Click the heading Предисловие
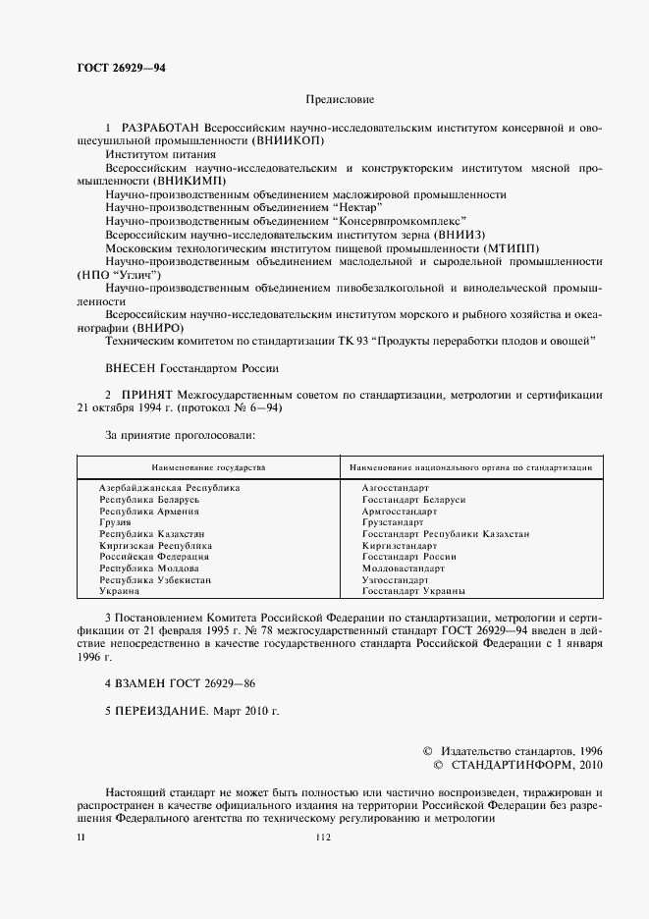click(340, 99)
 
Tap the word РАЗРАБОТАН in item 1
click(159, 129)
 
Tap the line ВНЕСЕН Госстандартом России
click(191, 368)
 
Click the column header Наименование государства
click(207, 468)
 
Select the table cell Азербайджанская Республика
click(170, 488)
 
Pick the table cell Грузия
click(116, 522)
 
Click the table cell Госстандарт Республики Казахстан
click(445, 534)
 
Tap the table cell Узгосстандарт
click(397, 580)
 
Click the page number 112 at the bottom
click(324, 838)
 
